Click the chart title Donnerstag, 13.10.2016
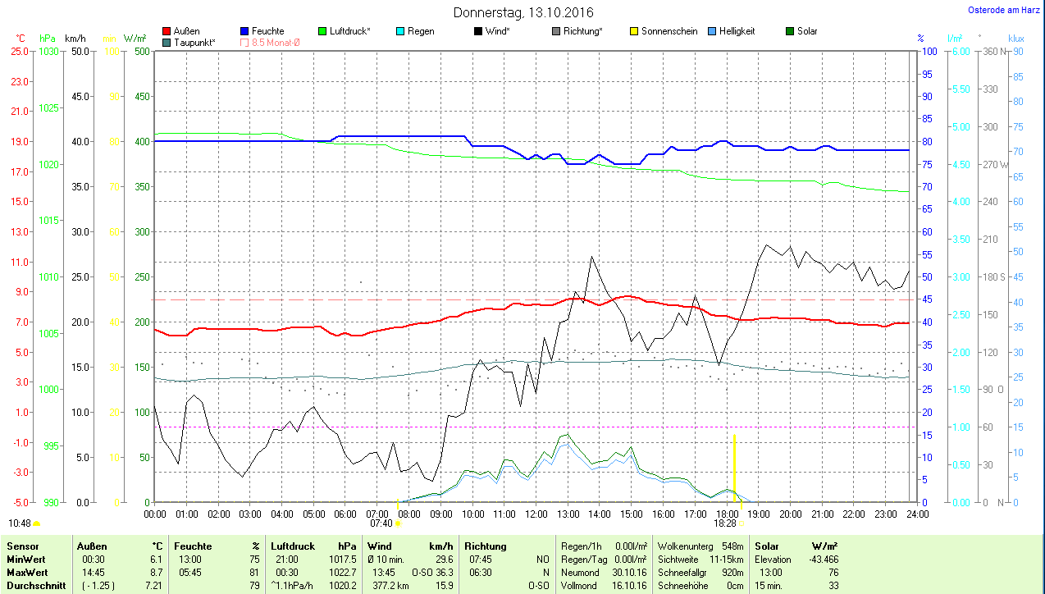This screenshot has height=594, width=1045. click(524, 13)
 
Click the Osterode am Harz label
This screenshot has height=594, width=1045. click(1004, 11)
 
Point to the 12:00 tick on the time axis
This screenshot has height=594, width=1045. click(536, 514)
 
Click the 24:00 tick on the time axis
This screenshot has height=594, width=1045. click(916, 514)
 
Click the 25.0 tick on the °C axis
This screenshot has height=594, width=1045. click(20, 51)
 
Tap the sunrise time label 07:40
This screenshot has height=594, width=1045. click(381, 523)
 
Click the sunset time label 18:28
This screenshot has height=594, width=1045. click(724, 523)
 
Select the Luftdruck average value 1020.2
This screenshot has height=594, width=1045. click(342, 586)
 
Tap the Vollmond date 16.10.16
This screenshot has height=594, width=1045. click(629, 586)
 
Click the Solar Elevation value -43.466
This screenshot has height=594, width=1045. click(822, 559)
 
